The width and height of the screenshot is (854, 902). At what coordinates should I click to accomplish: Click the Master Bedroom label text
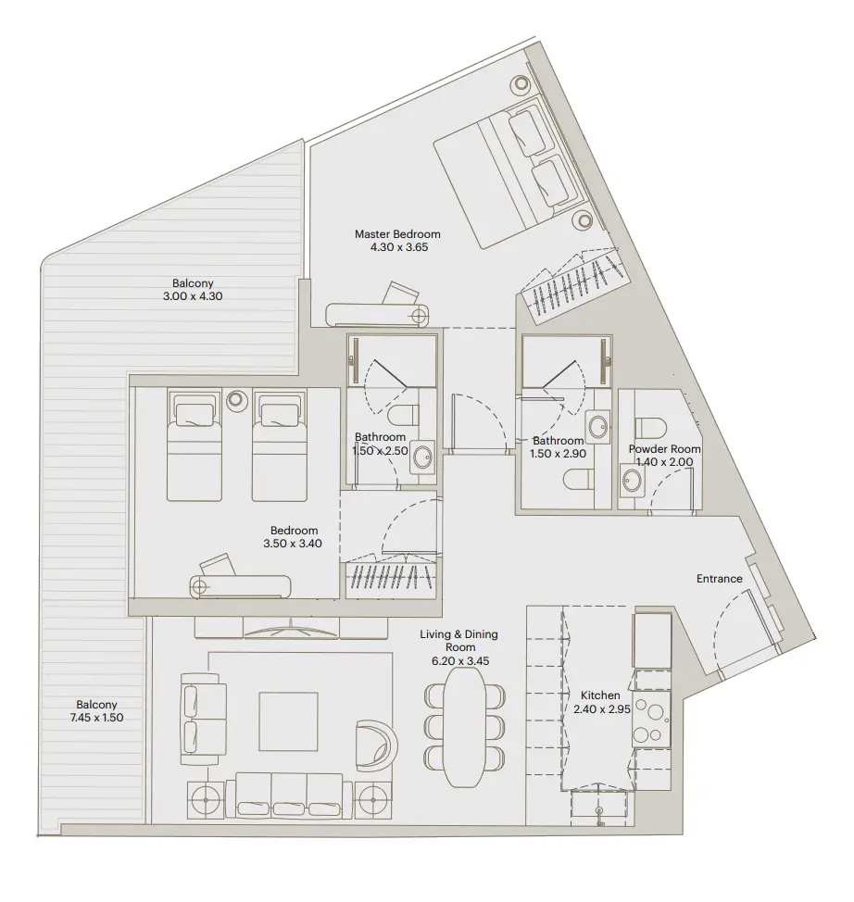point(397,234)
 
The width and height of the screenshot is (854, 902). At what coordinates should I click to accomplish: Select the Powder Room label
point(664,449)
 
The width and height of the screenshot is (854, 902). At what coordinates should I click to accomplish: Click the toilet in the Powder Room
point(652,425)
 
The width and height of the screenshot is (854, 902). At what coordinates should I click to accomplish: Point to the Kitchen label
point(599,695)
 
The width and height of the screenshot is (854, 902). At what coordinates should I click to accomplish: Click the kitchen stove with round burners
point(651,723)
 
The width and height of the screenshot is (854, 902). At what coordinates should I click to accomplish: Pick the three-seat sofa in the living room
point(290,796)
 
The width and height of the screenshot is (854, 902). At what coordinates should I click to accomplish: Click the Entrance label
point(719,579)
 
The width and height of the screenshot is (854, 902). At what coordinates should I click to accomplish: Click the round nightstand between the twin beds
point(236,399)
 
